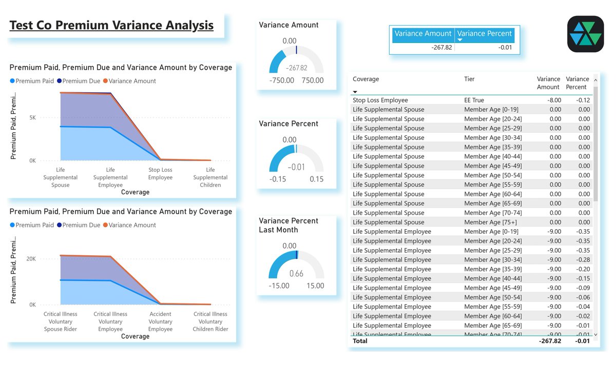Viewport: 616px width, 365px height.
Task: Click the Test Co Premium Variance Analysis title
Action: pyautogui.click(x=111, y=25)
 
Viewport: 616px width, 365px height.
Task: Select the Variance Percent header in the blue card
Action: pyautogui.click(x=484, y=34)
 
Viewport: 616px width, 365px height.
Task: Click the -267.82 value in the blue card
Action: pyautogui.click(x=441, y=47)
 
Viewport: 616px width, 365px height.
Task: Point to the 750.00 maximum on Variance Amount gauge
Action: pyautogui.click(x=313, y=80)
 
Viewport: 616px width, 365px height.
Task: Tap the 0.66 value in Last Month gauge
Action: pyautogui.click(x=296, y=273)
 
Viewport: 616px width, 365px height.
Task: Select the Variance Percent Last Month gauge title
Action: pyautogui.click(x=288, y=225)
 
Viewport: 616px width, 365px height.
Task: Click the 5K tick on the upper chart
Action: pyautogui.click(x=32, y=117)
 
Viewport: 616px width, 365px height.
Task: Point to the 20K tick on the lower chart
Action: pyautogui.click(x=31, y=259)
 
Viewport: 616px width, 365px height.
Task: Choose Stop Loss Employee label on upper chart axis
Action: pyautogui.click(x=160, y=174)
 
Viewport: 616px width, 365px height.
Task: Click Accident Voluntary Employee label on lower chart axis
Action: pyautogui.click(x=160, y=321)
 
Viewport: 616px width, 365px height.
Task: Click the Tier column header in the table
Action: pyautogui.click(x=469, y=79)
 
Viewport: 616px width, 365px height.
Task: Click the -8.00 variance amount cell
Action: pyautogui.click(x=554, y=100)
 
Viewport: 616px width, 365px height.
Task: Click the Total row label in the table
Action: pyautogui.click(x=360, y=341)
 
